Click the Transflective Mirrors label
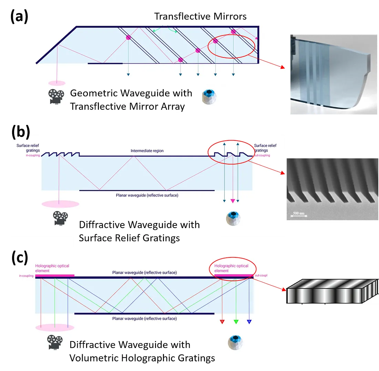(200, 16)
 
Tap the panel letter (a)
(19, 16)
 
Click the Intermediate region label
(147, 151)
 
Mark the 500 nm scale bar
(296, 215)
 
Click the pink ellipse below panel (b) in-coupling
(60, 204)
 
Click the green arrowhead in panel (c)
(236, 322)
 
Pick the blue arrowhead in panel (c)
(249, 322)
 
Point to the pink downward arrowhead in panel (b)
(233, 201)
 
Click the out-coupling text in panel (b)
(262, 156)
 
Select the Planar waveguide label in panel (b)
(147, 195)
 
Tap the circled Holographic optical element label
(231, 268)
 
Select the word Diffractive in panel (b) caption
(103, 225)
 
